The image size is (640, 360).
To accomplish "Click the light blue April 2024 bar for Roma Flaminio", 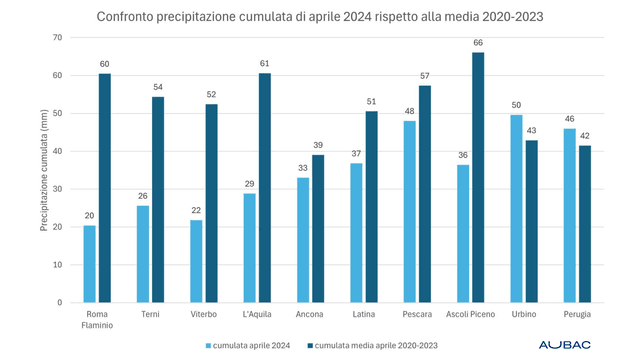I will point(90,264).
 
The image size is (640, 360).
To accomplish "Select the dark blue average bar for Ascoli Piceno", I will point(477,178).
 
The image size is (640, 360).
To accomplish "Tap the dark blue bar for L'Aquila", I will point(264,188).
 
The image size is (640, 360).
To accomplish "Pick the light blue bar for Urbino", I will point(516,208).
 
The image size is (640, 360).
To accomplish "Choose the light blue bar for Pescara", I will point(409,212).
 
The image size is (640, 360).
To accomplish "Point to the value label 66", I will point(477,43).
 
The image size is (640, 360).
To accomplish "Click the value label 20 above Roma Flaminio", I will point(90,215).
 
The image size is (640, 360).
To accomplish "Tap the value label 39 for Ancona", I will point(318,145).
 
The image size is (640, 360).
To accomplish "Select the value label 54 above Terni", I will point(157,87).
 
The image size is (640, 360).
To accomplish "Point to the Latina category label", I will point(364,314).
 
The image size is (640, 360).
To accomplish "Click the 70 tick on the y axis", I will point(57,38).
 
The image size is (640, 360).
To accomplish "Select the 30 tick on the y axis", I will point(57,189).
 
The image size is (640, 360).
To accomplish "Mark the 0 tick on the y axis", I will point(60,302).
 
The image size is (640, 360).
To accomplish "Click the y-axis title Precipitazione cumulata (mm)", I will point(44,170).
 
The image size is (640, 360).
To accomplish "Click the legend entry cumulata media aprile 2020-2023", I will point(376,345).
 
